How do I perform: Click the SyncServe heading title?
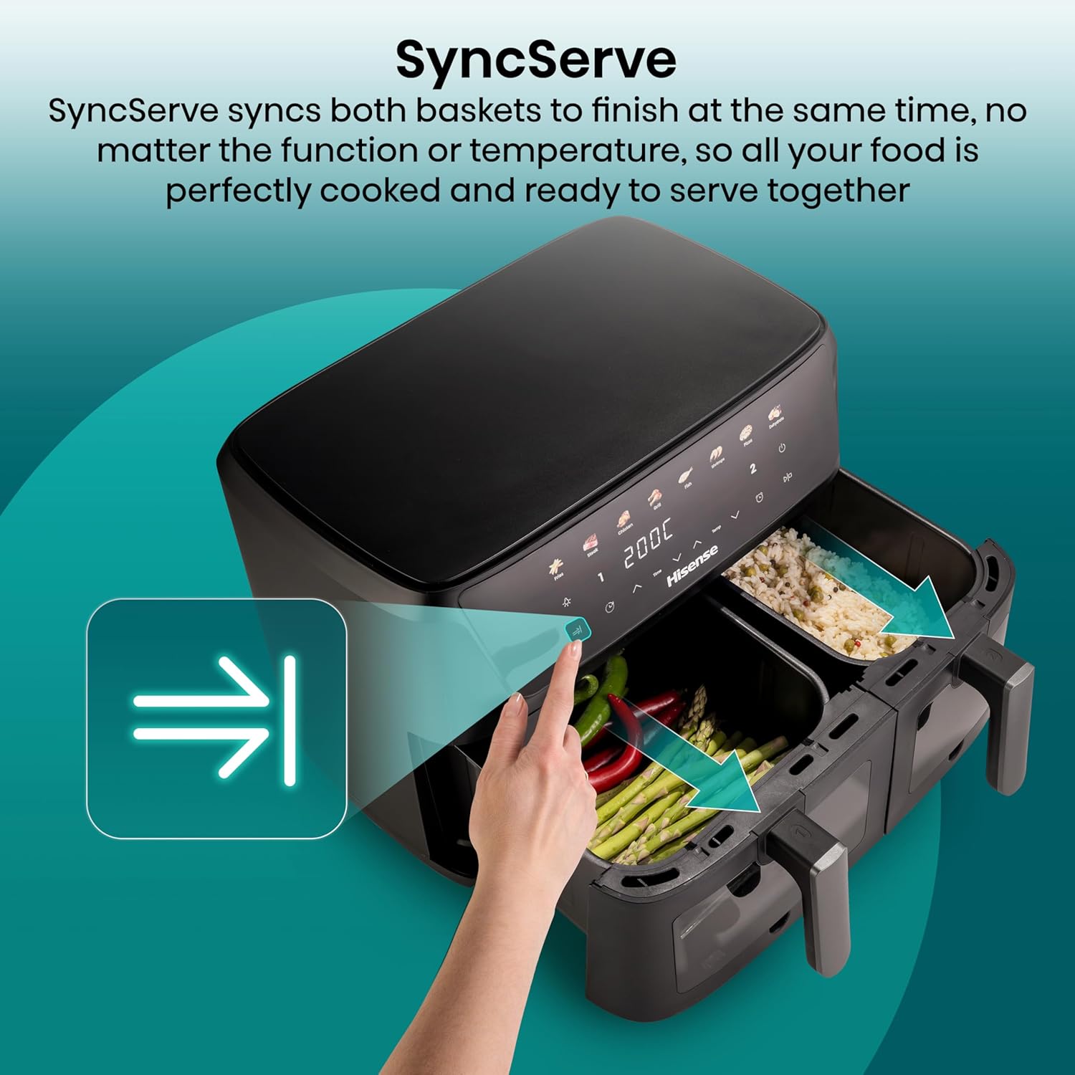[x=536, y=59]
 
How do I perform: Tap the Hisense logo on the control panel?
[x=692, y=566]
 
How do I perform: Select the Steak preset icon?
[x=591, y=543]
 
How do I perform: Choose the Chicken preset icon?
[x=623, y=520]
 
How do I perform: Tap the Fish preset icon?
[x=685, y=476]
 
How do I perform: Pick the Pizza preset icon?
[x=746, y=433]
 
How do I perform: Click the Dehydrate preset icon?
[x=774, y=414]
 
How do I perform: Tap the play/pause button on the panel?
[x=788, y=477]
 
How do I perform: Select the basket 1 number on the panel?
[x=601, y=577]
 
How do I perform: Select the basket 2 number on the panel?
[x=752, y=469]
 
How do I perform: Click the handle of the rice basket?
[x=1003, y=717]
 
